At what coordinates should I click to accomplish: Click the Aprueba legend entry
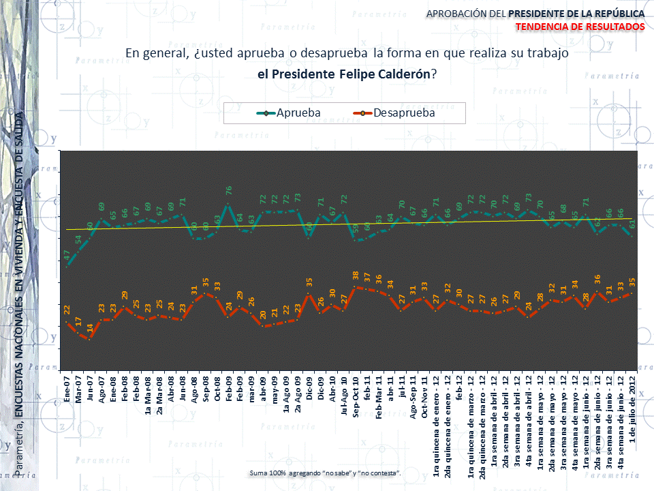298,113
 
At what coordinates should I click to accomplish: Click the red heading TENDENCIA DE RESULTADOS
580,26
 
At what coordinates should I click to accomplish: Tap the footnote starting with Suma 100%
326,473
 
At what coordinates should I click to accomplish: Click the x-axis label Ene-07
67,388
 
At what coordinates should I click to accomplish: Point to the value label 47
67,254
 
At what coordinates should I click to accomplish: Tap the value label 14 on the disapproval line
90,327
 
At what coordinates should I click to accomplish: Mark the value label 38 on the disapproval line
356,275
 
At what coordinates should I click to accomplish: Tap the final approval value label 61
633,224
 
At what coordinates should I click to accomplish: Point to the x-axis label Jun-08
183,388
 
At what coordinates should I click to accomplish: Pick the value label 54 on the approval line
78,239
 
